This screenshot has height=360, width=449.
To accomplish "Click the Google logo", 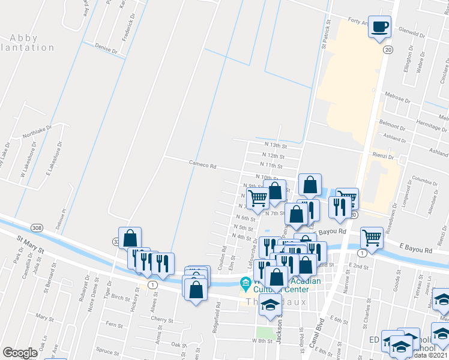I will [x=20, y=353].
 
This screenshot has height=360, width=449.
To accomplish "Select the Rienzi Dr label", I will [x=382, y=157].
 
